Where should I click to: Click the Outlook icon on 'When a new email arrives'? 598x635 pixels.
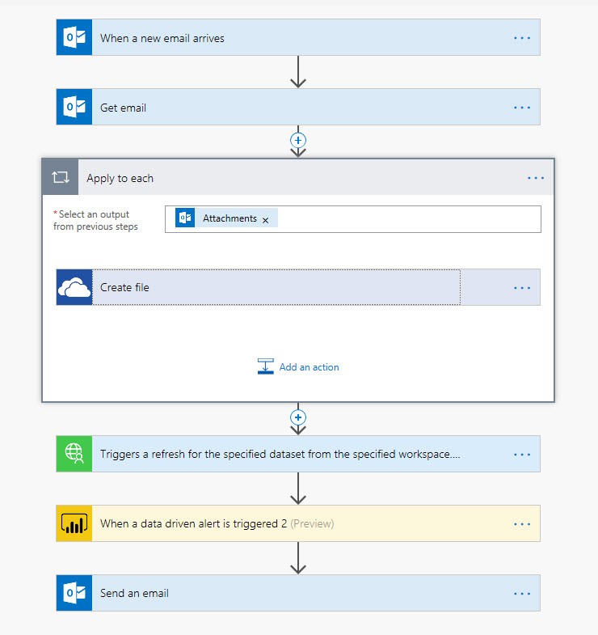pyautogui.click(x=74, y=38)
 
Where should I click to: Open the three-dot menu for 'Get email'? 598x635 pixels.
pyautogui.click(x=522, y=108)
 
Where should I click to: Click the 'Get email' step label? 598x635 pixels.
pyautogui.click(x=123, y=108)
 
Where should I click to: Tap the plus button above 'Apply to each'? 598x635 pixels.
pyautogui.click(x=298, y=139)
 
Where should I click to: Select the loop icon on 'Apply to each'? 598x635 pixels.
pyautogui.click(x=61, y=178)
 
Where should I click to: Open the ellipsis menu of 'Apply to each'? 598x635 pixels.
pyautogui.click(x=536, y=178)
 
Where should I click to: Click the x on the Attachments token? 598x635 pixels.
pyautogui.click(x=265, y=219)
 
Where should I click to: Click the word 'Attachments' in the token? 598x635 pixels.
pyautogui.click(x=230, y=218)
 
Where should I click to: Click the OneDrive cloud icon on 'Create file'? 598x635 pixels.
pyautogui.click(x=74, y=287)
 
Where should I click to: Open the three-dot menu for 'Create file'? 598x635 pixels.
pyautogui.click(x=522, y=287)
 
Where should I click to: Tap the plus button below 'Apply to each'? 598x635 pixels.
pyautogui.click(x=298, y=417)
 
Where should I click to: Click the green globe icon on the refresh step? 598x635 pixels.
pyautogui.click(x=74, y=454)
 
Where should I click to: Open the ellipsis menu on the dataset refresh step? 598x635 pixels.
pyautogui.click(x=522, y=454)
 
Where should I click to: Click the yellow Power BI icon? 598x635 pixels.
pyautogui.click(x=74, y=523)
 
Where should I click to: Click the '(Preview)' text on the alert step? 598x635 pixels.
pyautogui.click(x=312, y=523)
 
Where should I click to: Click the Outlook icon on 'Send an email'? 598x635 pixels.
pyautogui.click(x=74, y=593)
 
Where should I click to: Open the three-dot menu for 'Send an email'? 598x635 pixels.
pyautogui.click(x=522, y=593)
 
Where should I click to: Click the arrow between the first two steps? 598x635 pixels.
pyautogui.click(x=298, y=72)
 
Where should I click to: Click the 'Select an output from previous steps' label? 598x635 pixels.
pyautogui.click(x=96, y=220)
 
